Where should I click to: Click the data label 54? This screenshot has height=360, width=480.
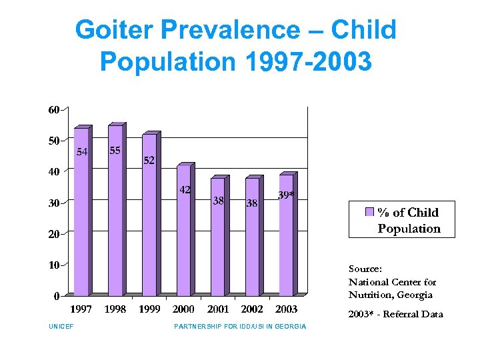tap(81, 152)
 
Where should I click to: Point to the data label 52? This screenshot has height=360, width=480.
tap(149, 161)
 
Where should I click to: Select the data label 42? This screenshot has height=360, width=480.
tap(185, 190)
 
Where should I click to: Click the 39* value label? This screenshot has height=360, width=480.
tap(286, 194)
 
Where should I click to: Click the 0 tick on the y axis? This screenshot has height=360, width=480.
tap(56, 296)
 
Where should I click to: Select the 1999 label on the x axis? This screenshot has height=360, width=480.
tap(149, 309)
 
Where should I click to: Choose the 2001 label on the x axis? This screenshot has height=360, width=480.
tap(218, 309)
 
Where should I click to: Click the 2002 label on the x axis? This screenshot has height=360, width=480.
tap(252, 309)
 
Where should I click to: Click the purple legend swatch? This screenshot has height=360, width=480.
tap(369, 213)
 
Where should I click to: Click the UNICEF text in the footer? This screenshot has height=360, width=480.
tap(61, 327)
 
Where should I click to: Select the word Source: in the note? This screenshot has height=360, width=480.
tap(365, 269)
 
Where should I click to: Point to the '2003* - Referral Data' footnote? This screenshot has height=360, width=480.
tap(395, 314)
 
